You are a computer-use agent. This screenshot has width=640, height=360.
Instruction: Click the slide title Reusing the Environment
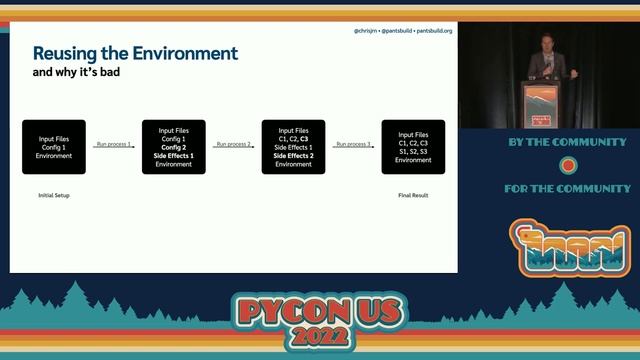(135, 53)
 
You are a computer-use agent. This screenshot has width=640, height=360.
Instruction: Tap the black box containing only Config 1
(54, 147)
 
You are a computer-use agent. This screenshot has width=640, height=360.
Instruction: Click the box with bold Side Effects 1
(174, 147)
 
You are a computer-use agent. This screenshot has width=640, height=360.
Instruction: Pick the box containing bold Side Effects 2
(293, 147)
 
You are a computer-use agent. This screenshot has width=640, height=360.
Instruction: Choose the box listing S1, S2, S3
(413, 147)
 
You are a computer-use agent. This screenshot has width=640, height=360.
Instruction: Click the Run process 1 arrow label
(113, 144)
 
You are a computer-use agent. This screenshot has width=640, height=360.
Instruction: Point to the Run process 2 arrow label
(233, 144)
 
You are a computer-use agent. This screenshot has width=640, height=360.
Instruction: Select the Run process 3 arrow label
(353, 144)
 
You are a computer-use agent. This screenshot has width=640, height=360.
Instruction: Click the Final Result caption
(413, 195)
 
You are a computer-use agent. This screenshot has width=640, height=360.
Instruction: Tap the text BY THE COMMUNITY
(568, 143)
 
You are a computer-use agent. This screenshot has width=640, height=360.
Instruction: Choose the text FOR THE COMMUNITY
(568, 188)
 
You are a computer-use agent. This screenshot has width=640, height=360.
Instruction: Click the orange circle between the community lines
(568, 165)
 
